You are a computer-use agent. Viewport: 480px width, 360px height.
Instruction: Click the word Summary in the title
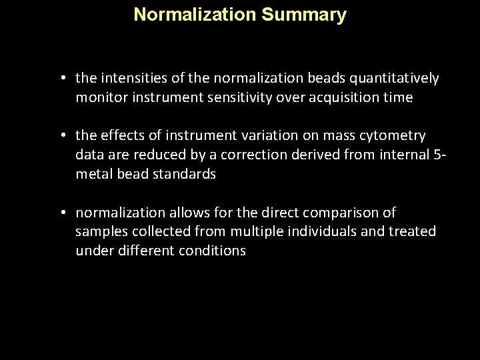[304, 15]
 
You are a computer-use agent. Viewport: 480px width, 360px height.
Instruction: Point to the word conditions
[213, 251]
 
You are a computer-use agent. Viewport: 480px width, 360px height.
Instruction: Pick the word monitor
[101, 98]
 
